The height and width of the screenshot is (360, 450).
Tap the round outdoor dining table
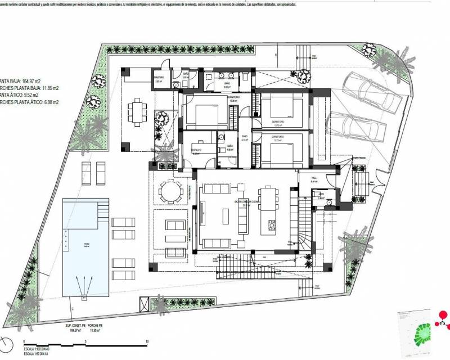pyautogui.click(x=169, y=191)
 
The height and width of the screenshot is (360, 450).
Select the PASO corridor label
pyautogui.click(x=245, y=137)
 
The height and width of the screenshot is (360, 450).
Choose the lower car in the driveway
pyautogui.click(x=352, y=124)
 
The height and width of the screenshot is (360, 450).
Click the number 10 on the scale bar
pyautogui.click(x=147, y=341)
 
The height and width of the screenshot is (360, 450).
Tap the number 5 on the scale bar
pyautogui.click(x=85, y=341)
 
